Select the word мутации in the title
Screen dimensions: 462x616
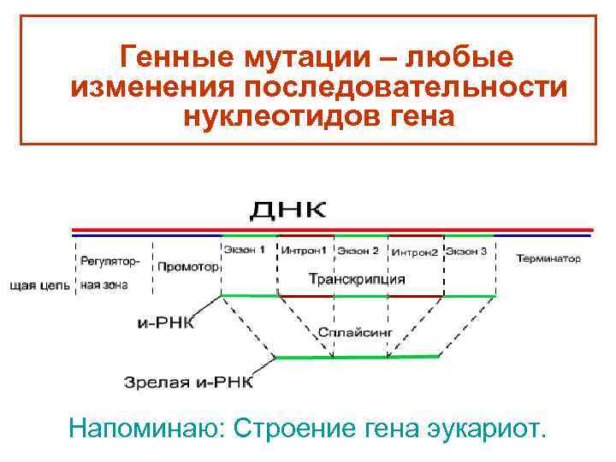(296, 58)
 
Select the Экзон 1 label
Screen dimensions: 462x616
(245, 251)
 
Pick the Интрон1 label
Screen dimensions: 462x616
(305, 252)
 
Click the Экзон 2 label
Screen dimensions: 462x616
(358, 252)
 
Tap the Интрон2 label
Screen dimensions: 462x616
(415, 252)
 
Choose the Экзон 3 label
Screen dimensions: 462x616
(466, 252)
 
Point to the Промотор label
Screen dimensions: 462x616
(187, 266)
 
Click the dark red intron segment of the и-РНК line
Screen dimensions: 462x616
(360, 296)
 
